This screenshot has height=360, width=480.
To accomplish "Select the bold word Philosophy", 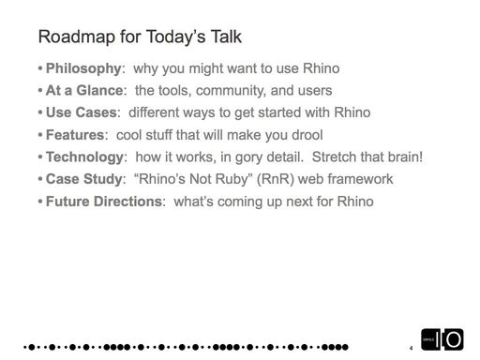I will [x=83, y=70].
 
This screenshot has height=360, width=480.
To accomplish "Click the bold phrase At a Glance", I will [x=85, y=92].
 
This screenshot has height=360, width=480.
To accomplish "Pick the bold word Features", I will [x=75, y=134].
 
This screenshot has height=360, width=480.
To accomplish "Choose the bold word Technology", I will [x=87, y=156].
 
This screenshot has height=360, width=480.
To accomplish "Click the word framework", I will [x=364, y=177].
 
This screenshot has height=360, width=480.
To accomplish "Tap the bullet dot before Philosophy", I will [x=40, y=70].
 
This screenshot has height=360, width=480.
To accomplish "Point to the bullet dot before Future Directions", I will [x=40, y=199].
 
